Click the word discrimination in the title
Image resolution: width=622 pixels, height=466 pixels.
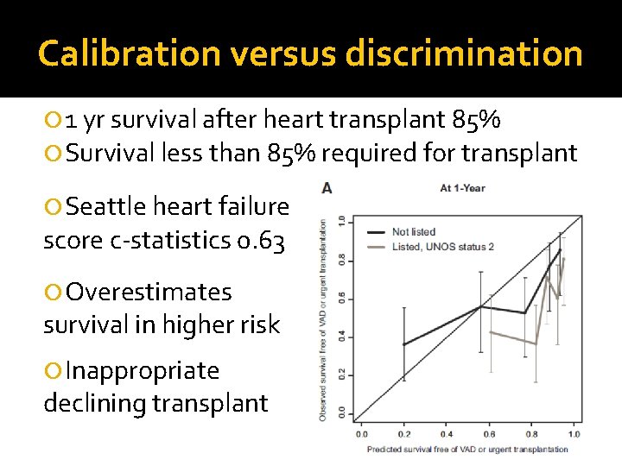click(463, 54)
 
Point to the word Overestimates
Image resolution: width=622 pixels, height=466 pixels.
click(149, 293)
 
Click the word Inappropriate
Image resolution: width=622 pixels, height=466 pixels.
click(143, 371)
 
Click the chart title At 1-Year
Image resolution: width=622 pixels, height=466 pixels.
click(462, 188)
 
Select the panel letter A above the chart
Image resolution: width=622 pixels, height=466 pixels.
click(327, 187)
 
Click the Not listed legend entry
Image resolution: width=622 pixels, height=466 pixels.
click(413, 231)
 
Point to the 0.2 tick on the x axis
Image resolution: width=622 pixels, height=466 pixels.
click(403, 433)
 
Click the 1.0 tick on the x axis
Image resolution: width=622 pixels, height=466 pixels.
click(573, 433)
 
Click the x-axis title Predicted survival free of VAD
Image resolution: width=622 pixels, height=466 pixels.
click(467, 449)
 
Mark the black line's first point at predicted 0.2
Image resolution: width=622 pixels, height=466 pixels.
click(404, 345)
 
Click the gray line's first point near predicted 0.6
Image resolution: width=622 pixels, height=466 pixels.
click(491, 331)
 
